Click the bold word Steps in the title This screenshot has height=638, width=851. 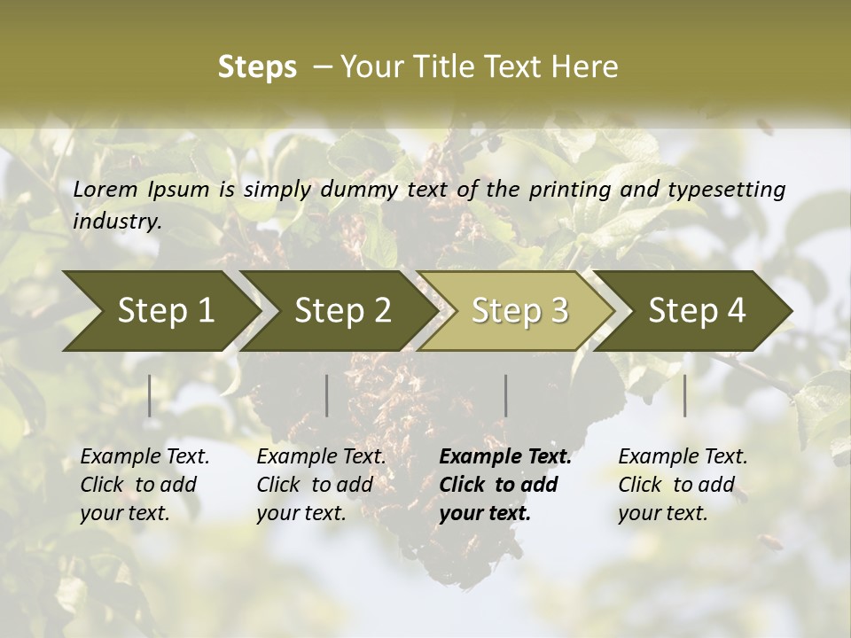pos(257,66)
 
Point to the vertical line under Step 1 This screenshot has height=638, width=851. pos(150,395)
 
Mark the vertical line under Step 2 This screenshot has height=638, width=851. pos(327,395)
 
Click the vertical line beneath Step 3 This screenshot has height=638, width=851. pos(506,395)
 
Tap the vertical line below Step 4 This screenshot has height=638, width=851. pos(685,395)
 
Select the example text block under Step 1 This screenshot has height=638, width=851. pos(144,485)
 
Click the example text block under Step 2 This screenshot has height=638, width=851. pos(321,485)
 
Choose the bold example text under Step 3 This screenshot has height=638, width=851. pos(505,485)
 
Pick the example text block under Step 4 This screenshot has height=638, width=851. pos(683,485)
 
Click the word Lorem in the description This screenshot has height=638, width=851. pos(105,190)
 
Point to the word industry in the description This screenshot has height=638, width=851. pos(117,221)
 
